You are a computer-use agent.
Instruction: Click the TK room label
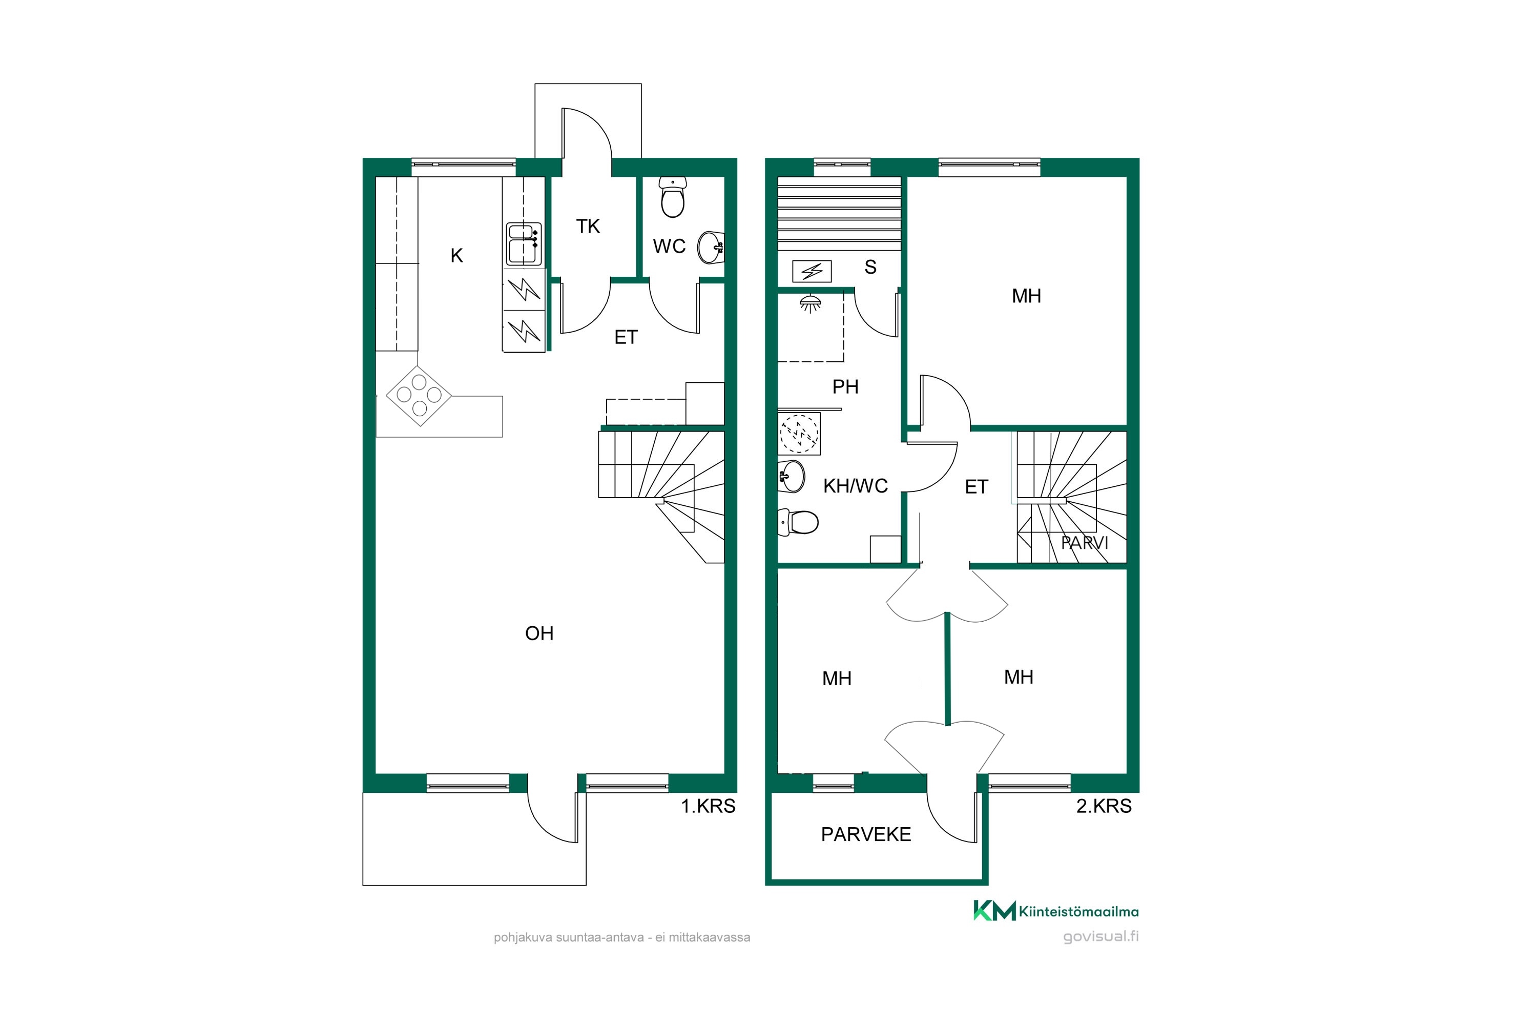point(588,226)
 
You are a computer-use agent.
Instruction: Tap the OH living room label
point(539,633)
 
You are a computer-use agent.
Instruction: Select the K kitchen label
point(457,256)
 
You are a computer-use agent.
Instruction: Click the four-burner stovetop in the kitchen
point(419,396)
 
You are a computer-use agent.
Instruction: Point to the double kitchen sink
point(524,244)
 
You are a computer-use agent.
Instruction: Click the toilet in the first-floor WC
point(672,197)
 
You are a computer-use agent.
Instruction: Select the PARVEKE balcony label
point(866,835)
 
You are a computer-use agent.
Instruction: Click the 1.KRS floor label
point(709,806)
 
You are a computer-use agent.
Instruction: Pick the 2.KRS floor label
point(1104,806)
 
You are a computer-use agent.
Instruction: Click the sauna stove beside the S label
point(812,271)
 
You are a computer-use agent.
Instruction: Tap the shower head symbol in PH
point(811,304)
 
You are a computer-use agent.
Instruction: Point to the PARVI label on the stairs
point(1085,543)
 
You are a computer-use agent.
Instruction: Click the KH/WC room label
point(856,486)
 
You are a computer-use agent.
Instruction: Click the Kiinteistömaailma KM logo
point(1056,911)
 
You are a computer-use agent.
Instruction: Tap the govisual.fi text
point(1100,936)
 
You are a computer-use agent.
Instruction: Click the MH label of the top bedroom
point(1026,296)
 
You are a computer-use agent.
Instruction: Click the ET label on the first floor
point(626,337)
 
